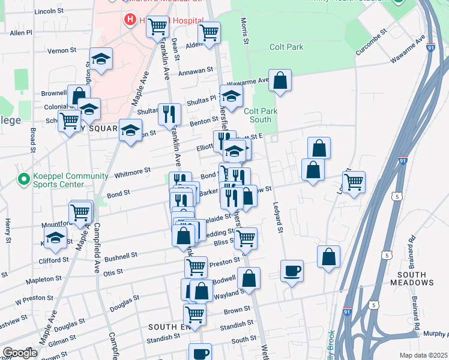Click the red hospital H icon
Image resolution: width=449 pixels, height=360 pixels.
(130, 20)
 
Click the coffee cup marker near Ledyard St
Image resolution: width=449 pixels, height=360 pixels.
(292, 271)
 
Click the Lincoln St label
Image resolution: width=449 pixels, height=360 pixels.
(49, 11)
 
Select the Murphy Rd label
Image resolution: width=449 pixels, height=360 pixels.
(435, 334)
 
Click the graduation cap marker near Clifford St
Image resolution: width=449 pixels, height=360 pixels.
(55, 238)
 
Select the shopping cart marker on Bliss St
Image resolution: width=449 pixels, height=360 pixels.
(245, 238)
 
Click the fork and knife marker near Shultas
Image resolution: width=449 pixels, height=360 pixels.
(169, 113)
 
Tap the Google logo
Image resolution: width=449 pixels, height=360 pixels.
(20, 353)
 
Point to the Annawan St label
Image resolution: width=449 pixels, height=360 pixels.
(196, 71)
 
